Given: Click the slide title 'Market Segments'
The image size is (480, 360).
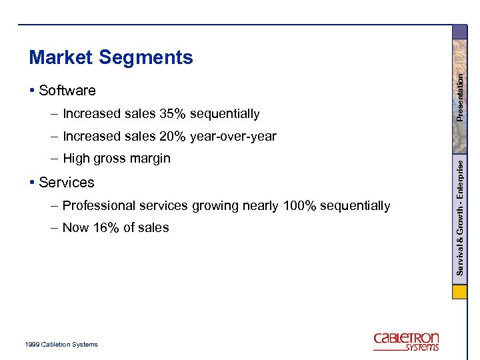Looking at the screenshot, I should [111, 58].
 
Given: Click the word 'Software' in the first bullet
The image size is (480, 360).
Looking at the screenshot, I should [67, 91].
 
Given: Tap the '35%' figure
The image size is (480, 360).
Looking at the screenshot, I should [173, 114].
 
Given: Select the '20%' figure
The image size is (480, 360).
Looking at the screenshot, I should [173, 137].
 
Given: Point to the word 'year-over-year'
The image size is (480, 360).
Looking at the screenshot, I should [233, 137].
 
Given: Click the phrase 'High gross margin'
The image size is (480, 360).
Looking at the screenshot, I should [117, 159].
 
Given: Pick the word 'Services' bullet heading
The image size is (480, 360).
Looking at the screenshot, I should [67, 183].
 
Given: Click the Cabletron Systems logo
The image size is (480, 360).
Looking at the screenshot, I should [406, 341].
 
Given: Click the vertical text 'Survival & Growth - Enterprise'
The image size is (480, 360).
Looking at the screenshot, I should [459, 219].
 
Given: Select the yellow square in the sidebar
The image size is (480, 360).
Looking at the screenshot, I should [459, 293].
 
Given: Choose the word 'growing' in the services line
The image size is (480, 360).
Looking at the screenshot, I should [213, 206].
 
